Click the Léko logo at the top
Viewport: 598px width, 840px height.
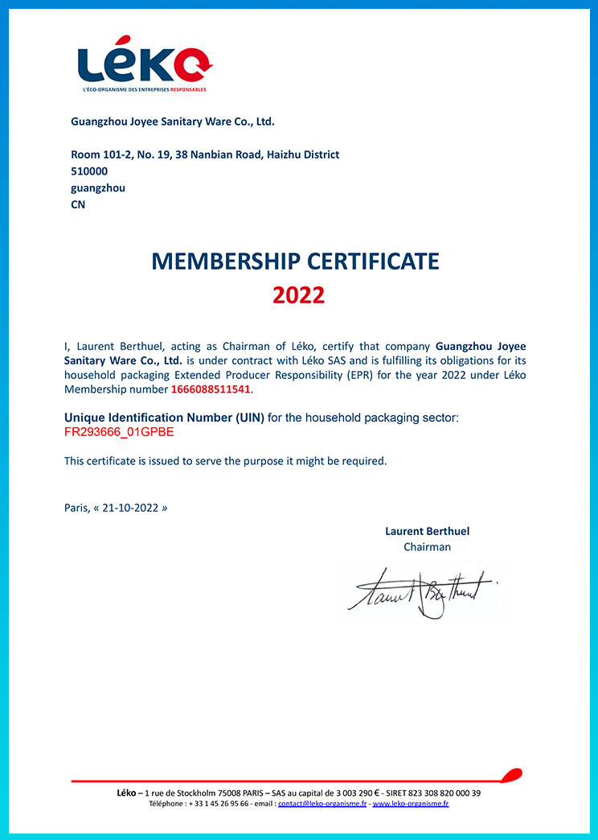(145, 62)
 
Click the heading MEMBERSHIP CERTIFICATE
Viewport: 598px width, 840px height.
(295, 261)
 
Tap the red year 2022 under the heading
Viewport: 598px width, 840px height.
(298, 295)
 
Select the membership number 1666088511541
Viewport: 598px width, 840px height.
(211, 390)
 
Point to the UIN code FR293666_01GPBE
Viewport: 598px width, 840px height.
(119, 432)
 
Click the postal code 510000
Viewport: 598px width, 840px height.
(89, 171)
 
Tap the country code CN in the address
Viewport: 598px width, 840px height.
(78, 204)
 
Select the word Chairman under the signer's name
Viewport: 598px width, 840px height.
(427, 547)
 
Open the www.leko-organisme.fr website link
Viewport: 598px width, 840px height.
(410, 804)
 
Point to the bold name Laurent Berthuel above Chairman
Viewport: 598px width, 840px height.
(427, 531)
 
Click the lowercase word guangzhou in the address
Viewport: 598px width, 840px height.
(98, 188)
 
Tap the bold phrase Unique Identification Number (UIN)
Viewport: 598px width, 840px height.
(164, 418)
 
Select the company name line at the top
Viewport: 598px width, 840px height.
(173, 122)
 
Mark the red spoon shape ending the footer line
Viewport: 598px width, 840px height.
(510, 776)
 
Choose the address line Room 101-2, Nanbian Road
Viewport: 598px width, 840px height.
(205, 154)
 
